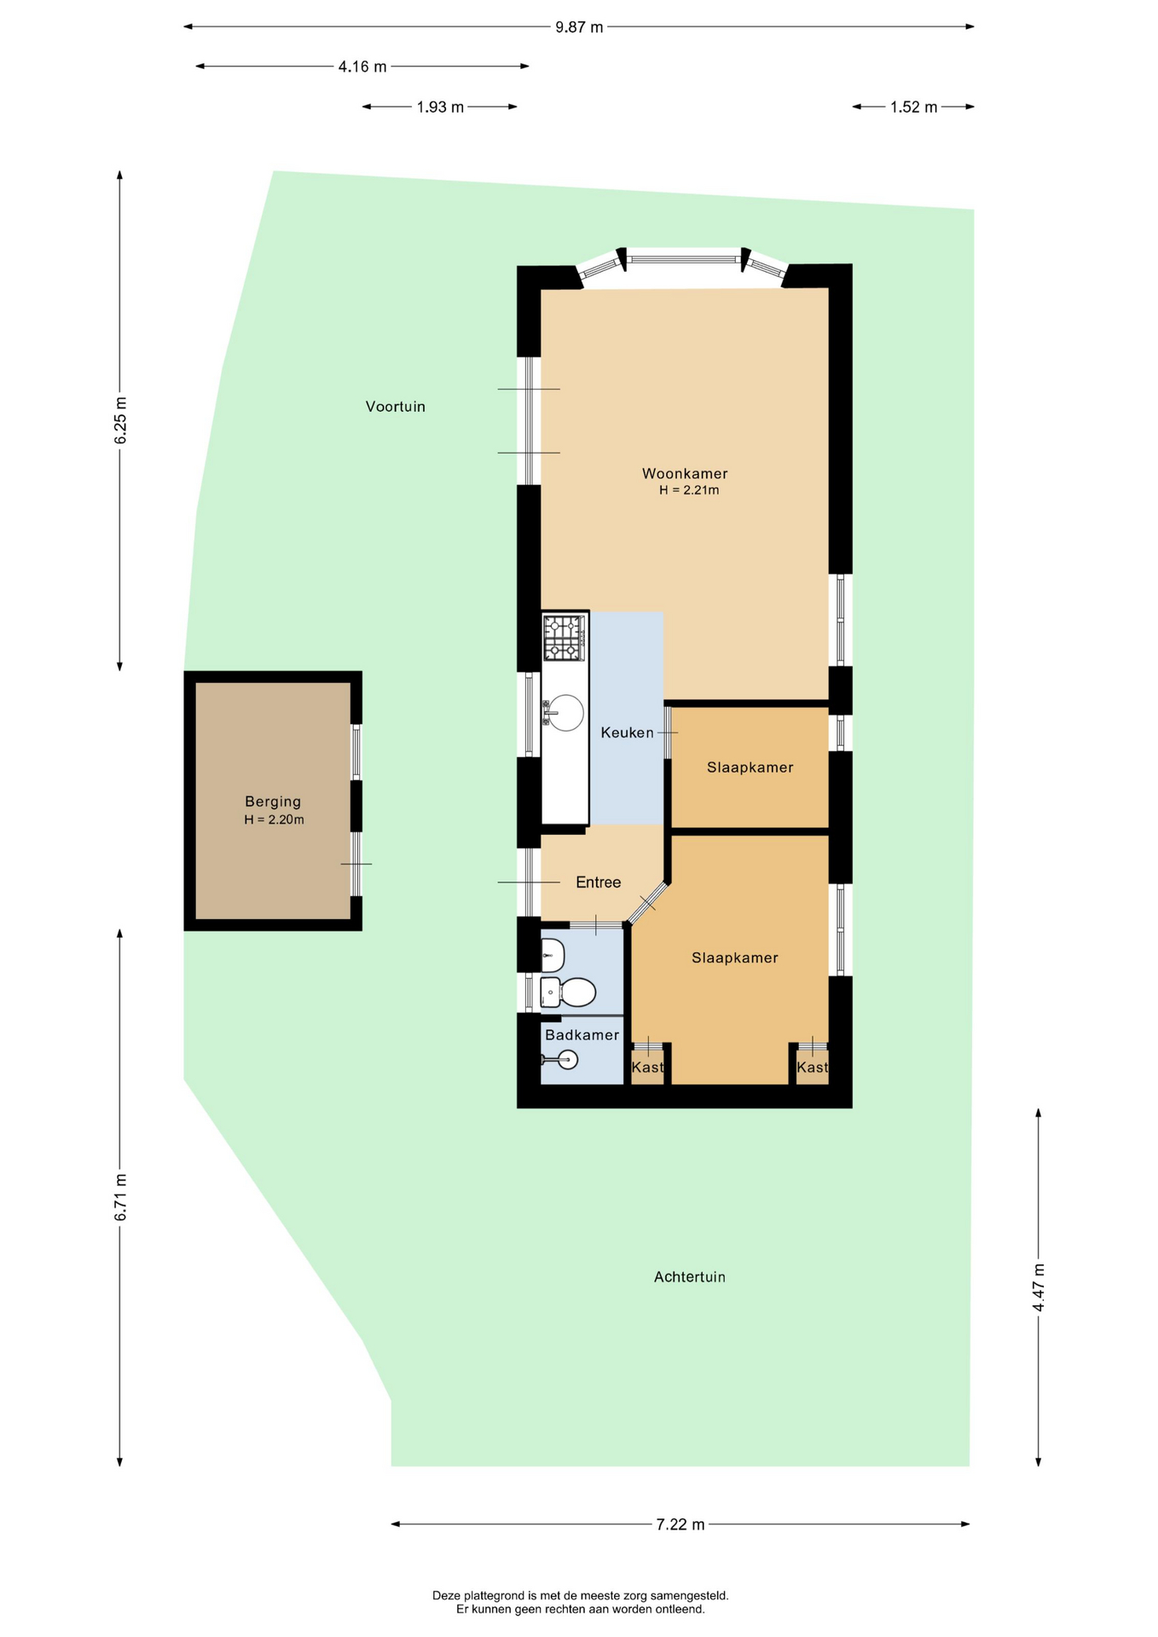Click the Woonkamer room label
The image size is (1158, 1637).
[x=685, y=474]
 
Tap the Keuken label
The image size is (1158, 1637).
[x=627, y=732]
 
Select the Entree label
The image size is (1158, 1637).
[x=598, y=882]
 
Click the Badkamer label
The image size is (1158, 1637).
[x=582, y=1035]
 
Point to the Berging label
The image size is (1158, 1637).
[x=273, y=801]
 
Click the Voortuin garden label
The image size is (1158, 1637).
[x=396, y=407]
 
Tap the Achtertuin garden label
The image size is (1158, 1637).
[x=690, y=1277]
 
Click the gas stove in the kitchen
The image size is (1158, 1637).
[x=565, y=638]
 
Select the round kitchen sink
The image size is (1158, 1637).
[x=565, y=713]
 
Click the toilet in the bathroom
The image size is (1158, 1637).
[x=568, y=992]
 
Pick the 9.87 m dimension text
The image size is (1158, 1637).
[x=579, y=27]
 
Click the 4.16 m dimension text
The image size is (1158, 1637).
[x=362, y=67]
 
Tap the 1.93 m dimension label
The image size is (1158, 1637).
[x=440, y=107]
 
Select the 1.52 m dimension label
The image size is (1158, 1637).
[x=913, y=107]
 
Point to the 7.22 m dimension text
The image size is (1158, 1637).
[x=680, y=1524]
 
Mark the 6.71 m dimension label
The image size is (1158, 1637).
[x=120, y=1197]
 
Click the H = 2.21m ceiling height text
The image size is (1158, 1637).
[x=689, y=490]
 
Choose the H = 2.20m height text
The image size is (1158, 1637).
[x=274, y=820]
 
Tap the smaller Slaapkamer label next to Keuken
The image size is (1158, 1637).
[x=750, y=767]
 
